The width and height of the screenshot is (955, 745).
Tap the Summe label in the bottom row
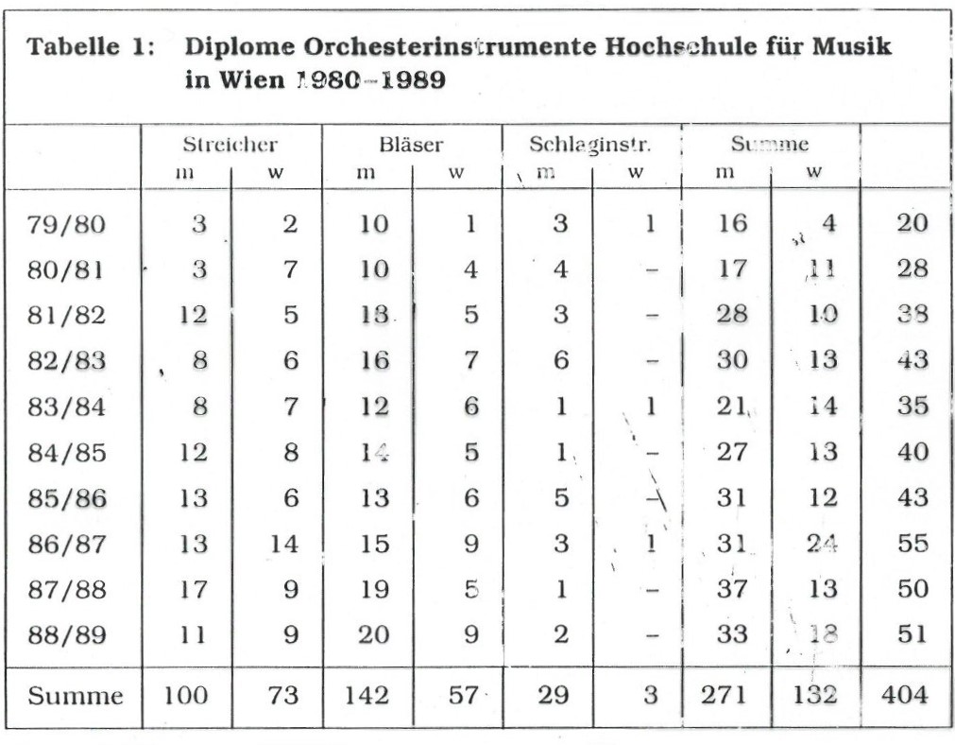click(x=75, y=697)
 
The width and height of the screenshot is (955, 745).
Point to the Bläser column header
click(x=411, y=147)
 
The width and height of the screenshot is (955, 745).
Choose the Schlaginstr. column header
click(x=591, y=147)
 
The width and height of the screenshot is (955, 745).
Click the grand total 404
click(x=903, y=697)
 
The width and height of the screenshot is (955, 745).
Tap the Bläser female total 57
click(x=463, y=697)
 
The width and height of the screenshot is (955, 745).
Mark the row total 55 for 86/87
click(x=912, y=544)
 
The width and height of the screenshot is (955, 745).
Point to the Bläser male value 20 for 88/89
click(x=372, y=634)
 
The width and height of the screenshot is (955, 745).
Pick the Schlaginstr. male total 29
click(x=555, y=697)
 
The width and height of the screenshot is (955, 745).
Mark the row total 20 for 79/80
click(x=912, y=224)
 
